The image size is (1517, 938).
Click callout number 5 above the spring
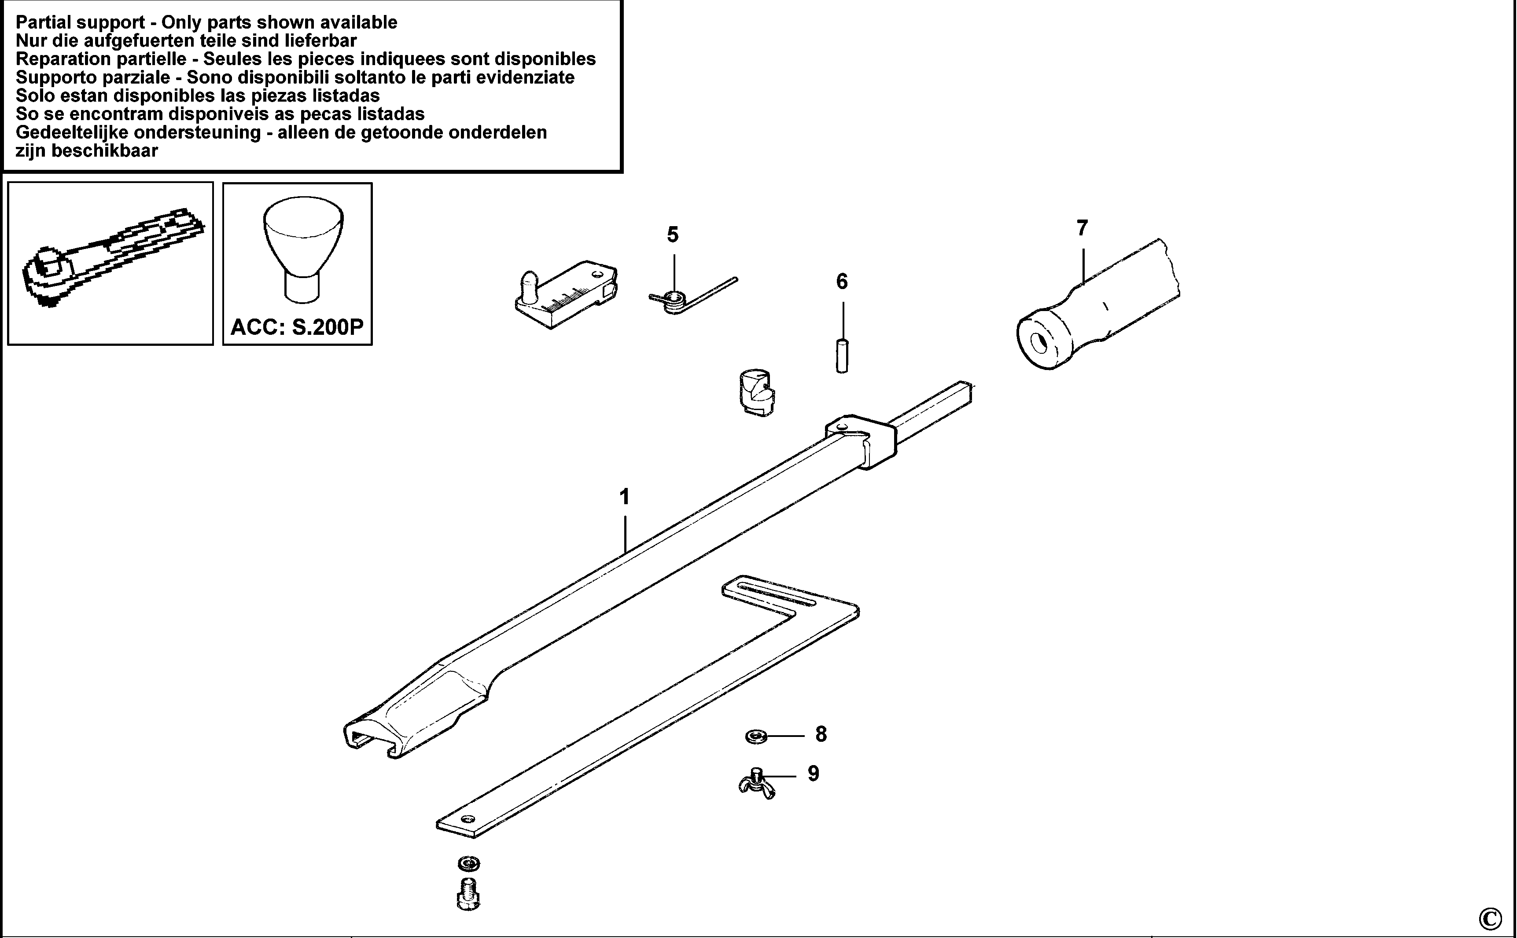coord(673,235)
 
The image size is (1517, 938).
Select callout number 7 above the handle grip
coord(1082,228)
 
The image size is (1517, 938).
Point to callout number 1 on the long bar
coord(624,497)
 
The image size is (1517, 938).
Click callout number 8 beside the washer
coord(821,735)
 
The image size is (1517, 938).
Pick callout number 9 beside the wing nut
coord(813,773)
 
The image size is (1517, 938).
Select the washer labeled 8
coord(756,736)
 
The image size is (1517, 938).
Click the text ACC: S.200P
coord(297,327)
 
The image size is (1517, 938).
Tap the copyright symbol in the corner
coord(1490,917)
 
